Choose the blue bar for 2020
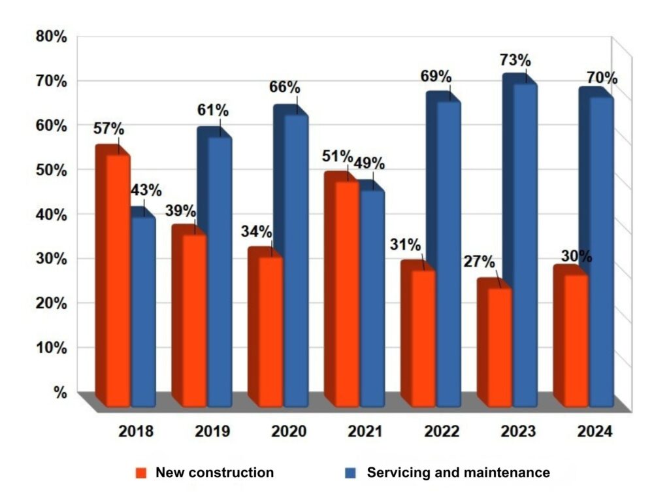click(291, 256)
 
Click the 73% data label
click(515, 60)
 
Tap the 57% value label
click(109, 128)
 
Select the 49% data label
click(369, 163)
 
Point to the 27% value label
click(479, 261)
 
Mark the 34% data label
click(256, 231)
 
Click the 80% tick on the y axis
click(52, 37)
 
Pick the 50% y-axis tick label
click(52, 171)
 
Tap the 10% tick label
click(52, 348)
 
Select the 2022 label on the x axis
click(442, 431)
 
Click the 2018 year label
click(136, 431)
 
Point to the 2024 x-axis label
click(595, 431)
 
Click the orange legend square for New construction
click(141, 473)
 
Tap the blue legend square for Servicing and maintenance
click(350, 473)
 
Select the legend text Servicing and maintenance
click(458, 473)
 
